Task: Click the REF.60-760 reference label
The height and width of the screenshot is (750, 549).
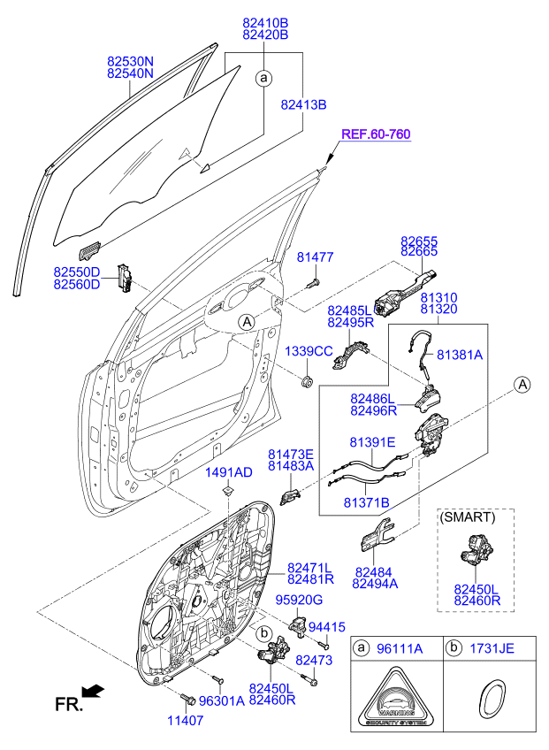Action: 376,134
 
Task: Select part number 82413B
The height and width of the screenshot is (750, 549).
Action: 304,104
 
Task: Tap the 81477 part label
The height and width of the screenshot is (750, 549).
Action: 314,257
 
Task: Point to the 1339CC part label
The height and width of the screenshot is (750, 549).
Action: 308,351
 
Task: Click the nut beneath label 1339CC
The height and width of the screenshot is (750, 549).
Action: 308,382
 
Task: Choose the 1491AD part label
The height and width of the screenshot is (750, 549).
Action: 229,472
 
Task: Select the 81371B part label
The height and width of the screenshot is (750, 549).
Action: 366,501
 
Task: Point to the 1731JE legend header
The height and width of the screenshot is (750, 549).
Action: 492,649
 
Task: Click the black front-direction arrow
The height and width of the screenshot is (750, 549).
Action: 91,690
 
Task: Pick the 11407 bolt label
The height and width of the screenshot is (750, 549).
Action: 187,721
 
